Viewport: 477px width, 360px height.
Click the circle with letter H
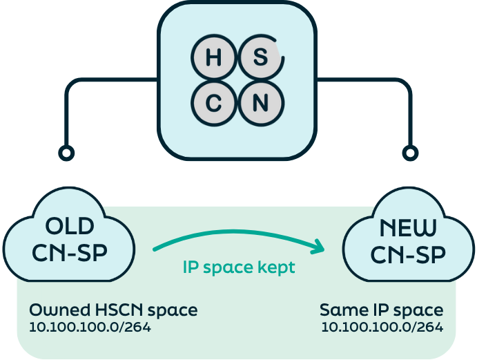pos(214,58)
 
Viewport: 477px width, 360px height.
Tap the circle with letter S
pos(260,58)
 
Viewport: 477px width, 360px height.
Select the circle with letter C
pos(214,104)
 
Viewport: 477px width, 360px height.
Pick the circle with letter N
pos(260,104)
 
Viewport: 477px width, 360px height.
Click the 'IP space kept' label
pos(238,267)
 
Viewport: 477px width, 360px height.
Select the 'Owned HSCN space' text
pos(113,310)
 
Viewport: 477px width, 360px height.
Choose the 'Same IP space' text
pos(381,310)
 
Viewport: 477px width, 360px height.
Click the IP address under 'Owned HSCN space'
pos(90,326)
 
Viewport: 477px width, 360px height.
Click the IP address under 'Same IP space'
pos(382,326)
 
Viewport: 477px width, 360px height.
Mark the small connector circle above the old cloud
pos(66,152)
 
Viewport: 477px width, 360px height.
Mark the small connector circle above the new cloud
pos(411,152)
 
